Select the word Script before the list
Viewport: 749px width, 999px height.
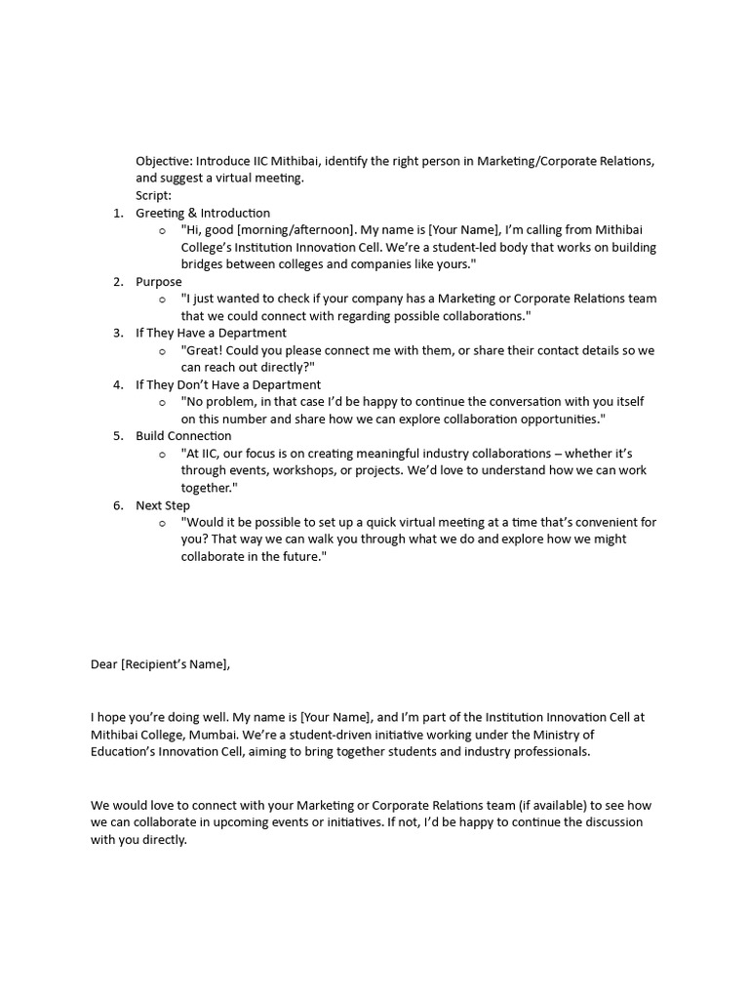click(x=153, y=195)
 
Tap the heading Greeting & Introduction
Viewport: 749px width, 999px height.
click(x=203, y=213)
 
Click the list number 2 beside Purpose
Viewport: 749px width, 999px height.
click(x=117, y=282)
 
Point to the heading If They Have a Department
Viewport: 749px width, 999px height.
click(x=211, y=333)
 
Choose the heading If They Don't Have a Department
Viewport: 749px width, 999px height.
click(x=228, y=384)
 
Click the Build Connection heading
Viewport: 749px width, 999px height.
click(x=183, y=436)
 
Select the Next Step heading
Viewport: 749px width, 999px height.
click(x=163, y=505)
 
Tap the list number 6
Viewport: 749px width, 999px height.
click(x=117, y=505)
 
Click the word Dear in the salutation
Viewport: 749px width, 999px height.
click(x=103, y=664)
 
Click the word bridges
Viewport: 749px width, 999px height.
click(x=204, y=264)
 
